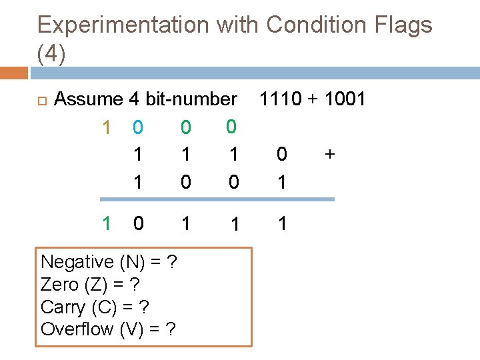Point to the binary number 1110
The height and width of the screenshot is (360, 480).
tap(281, 99)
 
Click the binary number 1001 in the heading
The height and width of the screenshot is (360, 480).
tap(344, 99)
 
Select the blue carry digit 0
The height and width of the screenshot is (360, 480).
tap(137, 127)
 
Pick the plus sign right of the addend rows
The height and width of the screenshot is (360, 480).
tap(329, 155)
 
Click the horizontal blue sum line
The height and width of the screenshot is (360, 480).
tap(217, 199)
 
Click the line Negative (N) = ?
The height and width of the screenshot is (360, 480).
tap(108, 263)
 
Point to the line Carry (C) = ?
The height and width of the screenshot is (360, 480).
tap(95, 307)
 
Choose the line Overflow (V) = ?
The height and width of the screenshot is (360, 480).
tap(108, 329)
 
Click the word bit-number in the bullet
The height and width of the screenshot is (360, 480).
tap(191, 99)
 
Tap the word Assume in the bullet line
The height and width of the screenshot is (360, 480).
tap(89, 99)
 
